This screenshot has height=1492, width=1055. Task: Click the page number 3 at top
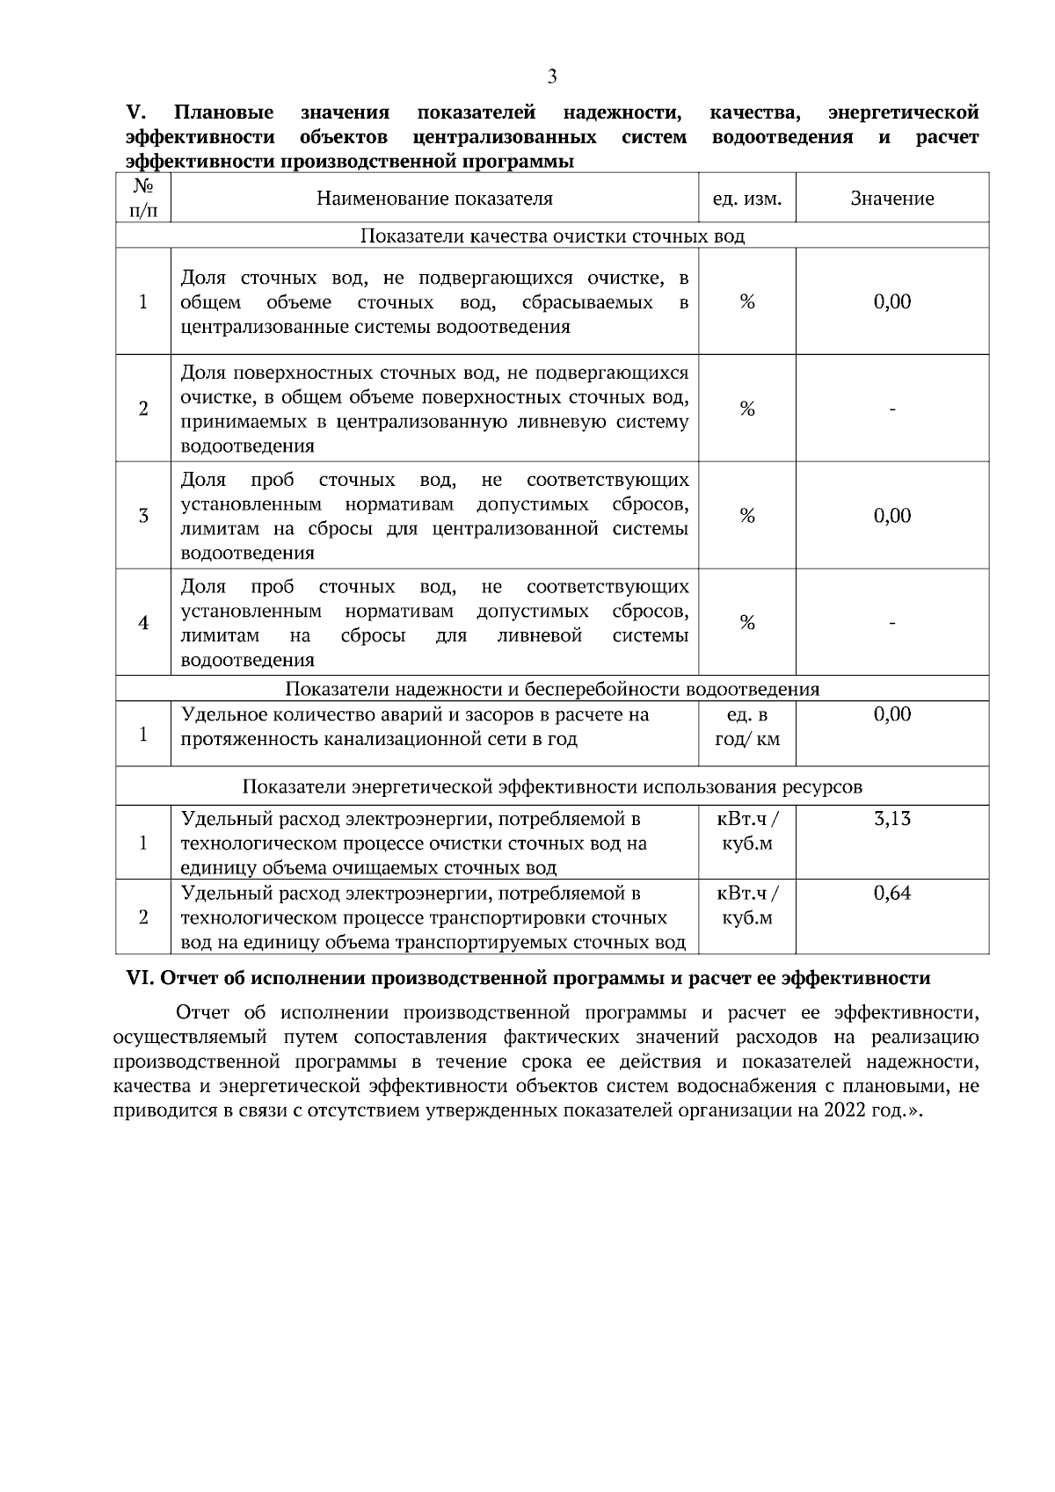coord(552,76)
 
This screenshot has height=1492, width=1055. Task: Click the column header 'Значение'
coord(891,199)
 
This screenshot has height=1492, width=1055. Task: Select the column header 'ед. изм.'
coord(746,199)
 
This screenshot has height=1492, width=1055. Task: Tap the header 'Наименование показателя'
coord(434,199)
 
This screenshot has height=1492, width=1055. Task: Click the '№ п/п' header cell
coord(143,199)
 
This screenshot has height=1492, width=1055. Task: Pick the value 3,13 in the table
coord(891,819)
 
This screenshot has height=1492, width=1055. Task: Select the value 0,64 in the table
coord(891,894)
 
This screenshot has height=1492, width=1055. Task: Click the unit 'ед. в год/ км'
coord(746,727)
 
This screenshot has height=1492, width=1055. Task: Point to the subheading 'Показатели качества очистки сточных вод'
coord(552,236)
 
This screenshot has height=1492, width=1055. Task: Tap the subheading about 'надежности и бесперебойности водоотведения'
coord(552,689)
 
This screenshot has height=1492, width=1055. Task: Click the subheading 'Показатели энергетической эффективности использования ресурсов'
coord(552,786)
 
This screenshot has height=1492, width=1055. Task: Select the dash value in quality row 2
coord(891,409)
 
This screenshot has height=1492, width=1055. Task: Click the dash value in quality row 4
coord(891,623)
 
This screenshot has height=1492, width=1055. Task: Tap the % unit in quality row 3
coord(746,516)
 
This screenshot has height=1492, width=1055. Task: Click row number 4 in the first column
coord(143,623)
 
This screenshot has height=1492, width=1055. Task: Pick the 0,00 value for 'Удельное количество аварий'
coord(891,714)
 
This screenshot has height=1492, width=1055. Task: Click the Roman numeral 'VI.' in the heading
coord(142,979)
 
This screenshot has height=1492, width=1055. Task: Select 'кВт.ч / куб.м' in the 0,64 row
coord(746,906)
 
